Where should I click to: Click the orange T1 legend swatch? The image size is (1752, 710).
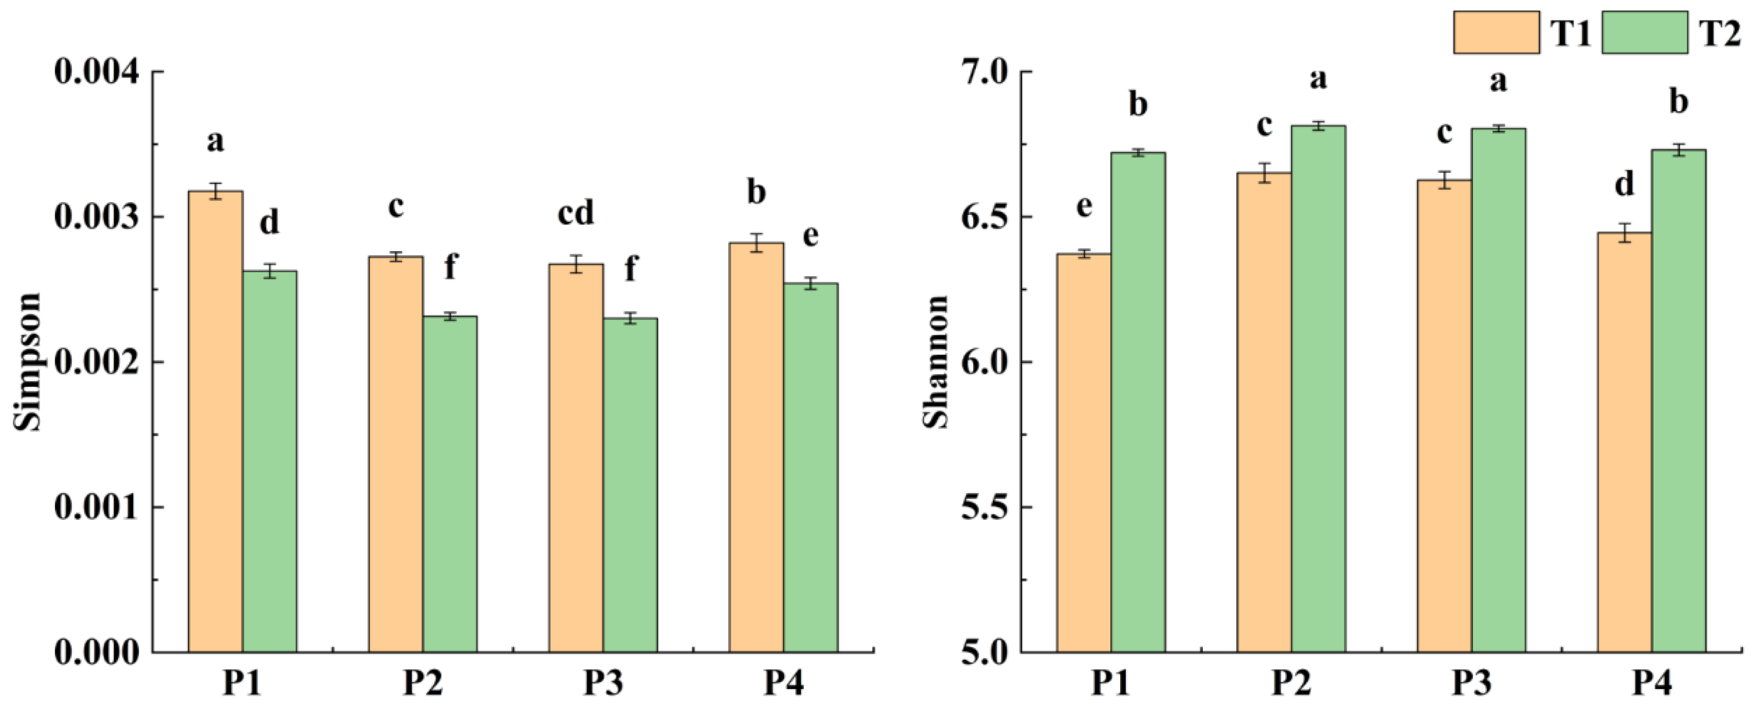(1496, 32)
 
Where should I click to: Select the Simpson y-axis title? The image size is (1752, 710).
(27, 362)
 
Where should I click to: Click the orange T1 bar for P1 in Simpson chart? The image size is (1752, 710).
(215, 422)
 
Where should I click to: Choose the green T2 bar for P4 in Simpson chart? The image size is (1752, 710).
(810, 469)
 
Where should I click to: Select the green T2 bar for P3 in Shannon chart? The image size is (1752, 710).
(1498, 394)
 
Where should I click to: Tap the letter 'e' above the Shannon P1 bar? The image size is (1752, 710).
(1084, 206)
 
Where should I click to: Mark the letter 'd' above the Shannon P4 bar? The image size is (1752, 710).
(1625, 184)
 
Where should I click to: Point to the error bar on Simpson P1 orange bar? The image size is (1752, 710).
(215, 191)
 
